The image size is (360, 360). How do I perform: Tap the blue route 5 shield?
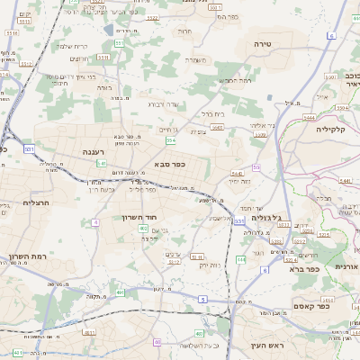[x=202, y=298]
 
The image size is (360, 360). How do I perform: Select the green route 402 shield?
[x=143, y=229]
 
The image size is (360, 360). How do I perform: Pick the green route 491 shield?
[x=120, y=292]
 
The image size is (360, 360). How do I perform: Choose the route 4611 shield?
[x=18, y=353]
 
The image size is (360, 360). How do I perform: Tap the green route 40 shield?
[x=157, y=342]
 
